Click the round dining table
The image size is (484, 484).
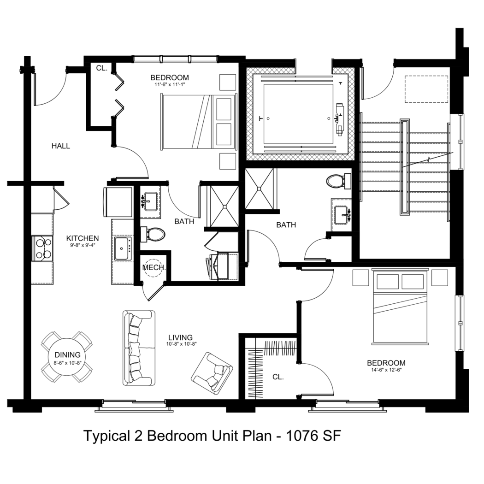pyautogui.click(x=67, y=357)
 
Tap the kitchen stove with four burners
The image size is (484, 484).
pyautogui.click(x=42, y=248)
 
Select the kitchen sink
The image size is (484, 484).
pyautogui.click(x=123, y=248)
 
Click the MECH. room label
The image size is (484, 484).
pyautogui.click(x=153, y=268)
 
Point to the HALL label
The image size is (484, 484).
pyautogui.click(x=61, y=146)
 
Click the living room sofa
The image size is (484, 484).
pyautogui.click(x=139, y=348)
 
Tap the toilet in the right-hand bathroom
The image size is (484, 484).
pyautogui.click(x=339, y=182)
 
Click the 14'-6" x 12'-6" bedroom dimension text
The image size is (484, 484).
pyautogui.click(x=386, y=370)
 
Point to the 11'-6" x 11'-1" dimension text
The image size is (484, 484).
pyautogui.click(x=170, y=84)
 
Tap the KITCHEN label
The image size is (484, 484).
pyautogui.click(x=83, y=238)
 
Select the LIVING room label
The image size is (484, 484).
pyautogui.click(x=181, y=337)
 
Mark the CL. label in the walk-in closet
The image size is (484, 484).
pyautogui.click(x=278, y=377)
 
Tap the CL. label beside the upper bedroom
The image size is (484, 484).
pyautogui.click(x=101, y=68)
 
